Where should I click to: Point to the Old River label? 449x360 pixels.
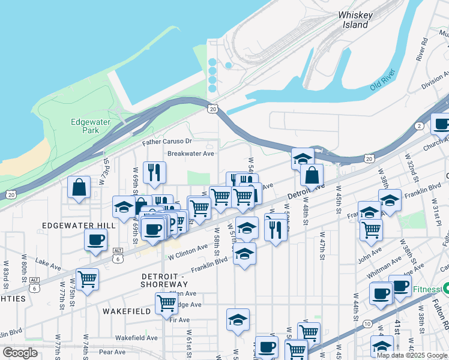pyautogui.click(x=384, y=83)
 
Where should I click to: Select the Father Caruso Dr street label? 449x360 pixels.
pyautogui.click(x=167, y=142)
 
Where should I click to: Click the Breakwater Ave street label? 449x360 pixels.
pyautogui.click(x=191, y=154)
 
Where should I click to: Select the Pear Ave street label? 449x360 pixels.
pyautogui.click(x=112, y=352)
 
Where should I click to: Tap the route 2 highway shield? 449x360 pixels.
pyautogui.click(x=418, y=125)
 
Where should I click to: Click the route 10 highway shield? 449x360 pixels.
pyautogui.click(x=366, y=324)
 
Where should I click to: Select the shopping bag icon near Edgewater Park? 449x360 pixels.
pyautogui.click(x=79, y=187)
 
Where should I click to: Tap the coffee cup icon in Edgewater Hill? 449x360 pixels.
pyautogui.click(x=95, y=240)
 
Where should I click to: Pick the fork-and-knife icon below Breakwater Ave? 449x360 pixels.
pyautogui.click(x=155, y=172)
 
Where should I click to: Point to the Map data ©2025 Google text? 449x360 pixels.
pyautogui.click(x=412, y=355)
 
